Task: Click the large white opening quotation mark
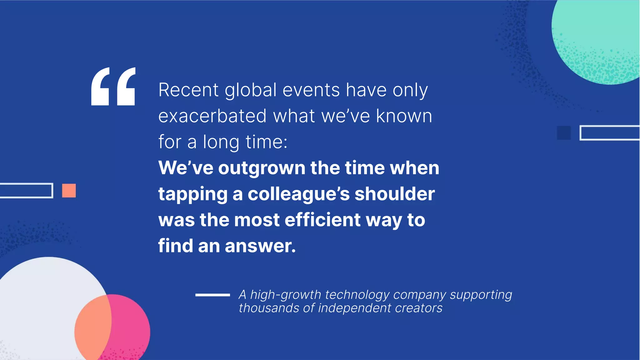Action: (113, 87)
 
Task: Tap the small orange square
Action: (69, 191)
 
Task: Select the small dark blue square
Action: (564, 133)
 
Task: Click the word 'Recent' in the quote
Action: (188, 90)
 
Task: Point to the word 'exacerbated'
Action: (212, 116)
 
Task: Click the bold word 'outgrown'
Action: (262, 168)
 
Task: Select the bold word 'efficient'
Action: (322, 220)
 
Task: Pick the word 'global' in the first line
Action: (251, 91)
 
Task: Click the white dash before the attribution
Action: (212, 295)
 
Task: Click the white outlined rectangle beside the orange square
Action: (26, 190)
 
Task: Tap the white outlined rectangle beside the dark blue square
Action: (609, 133)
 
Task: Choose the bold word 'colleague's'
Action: (298, 194)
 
